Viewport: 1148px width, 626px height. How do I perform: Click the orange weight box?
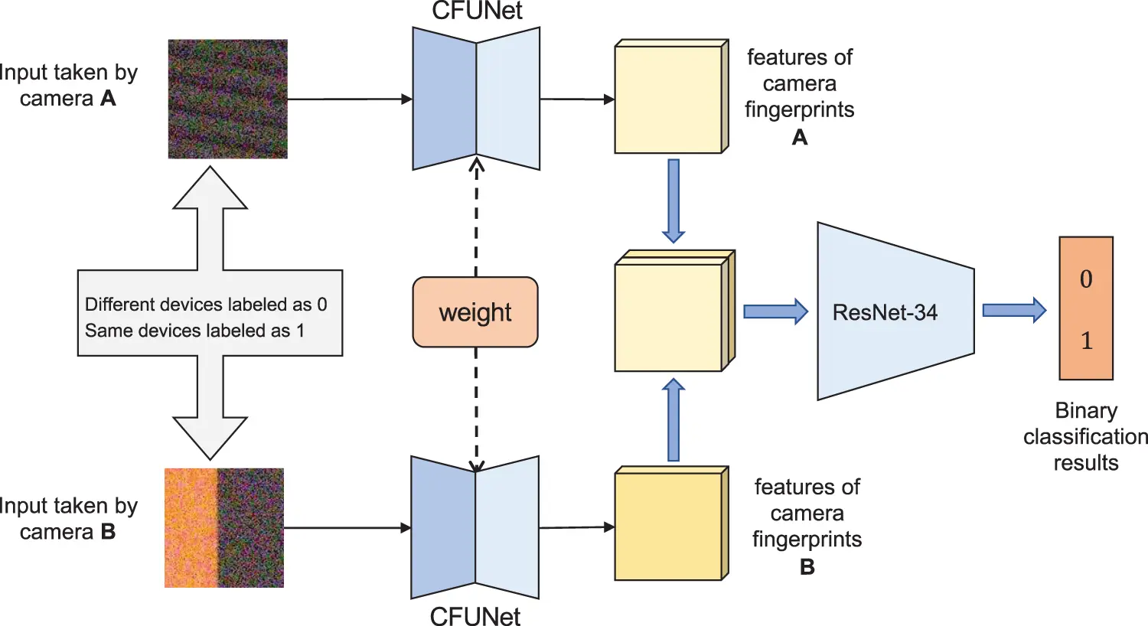point(475,312)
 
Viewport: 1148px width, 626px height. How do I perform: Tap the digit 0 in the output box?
point(1086,279)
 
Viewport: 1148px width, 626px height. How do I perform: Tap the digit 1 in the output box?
point(1086,341)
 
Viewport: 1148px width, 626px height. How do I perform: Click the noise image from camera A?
point(228,99)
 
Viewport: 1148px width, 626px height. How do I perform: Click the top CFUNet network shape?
point(476,99)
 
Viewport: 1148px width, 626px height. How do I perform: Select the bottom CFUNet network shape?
point(475,527)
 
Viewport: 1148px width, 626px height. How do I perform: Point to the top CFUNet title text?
point(477,11)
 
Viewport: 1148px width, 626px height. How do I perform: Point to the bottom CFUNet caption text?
point(475,615)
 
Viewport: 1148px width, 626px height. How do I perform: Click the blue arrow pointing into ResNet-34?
point(775,311)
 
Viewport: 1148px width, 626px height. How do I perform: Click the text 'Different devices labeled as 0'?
point(206,305)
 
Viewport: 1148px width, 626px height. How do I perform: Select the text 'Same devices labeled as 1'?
point(194,331)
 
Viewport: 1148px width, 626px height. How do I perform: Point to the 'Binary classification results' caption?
point(1085,436)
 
